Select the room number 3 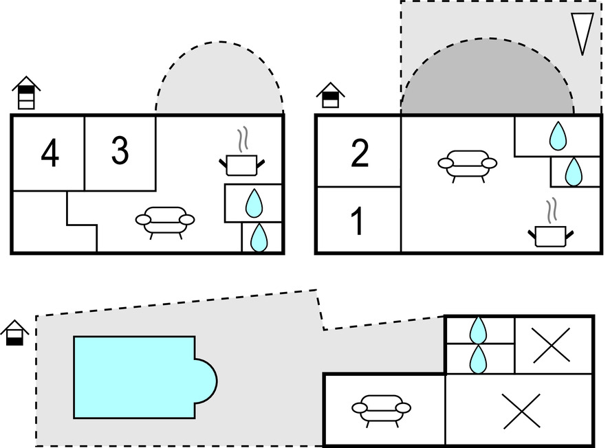(120, 150)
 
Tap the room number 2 (360, 153)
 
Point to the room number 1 (357, 222)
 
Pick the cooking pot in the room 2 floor (550, 234)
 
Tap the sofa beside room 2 (467, 164)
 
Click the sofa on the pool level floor (381, 408)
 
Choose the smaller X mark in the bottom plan (552, 345)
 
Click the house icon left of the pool (14, 333)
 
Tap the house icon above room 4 (26, 93)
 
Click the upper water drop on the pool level (478, 331)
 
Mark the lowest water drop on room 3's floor (259, 238)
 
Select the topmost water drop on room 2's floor (557, 136)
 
